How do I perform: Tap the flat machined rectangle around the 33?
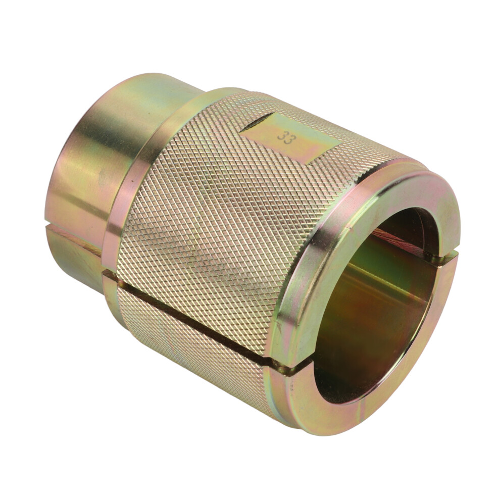click(x=290, y=137)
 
